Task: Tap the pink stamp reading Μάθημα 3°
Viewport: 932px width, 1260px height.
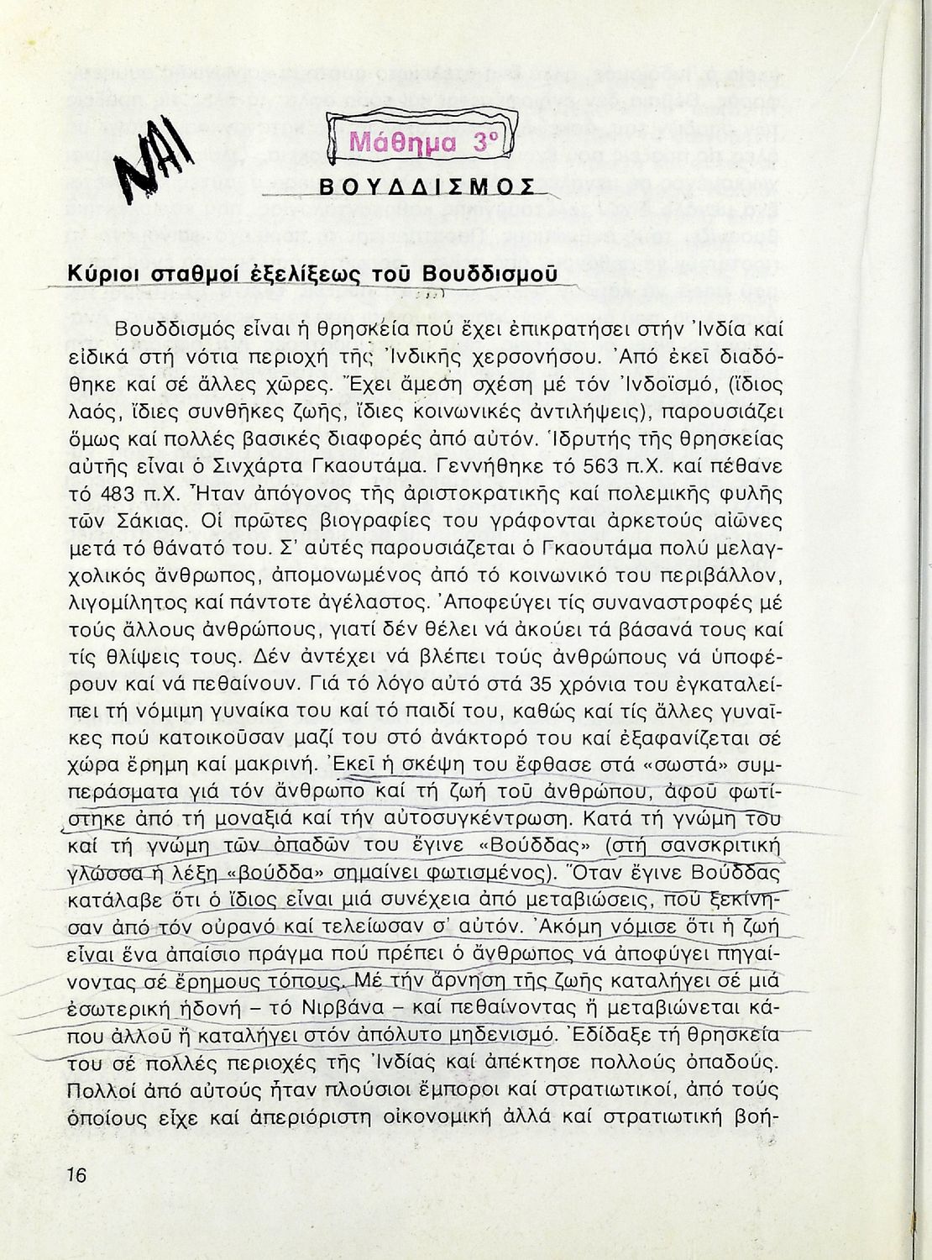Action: (419, 140)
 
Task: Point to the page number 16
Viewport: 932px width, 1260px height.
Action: (76, 1174)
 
